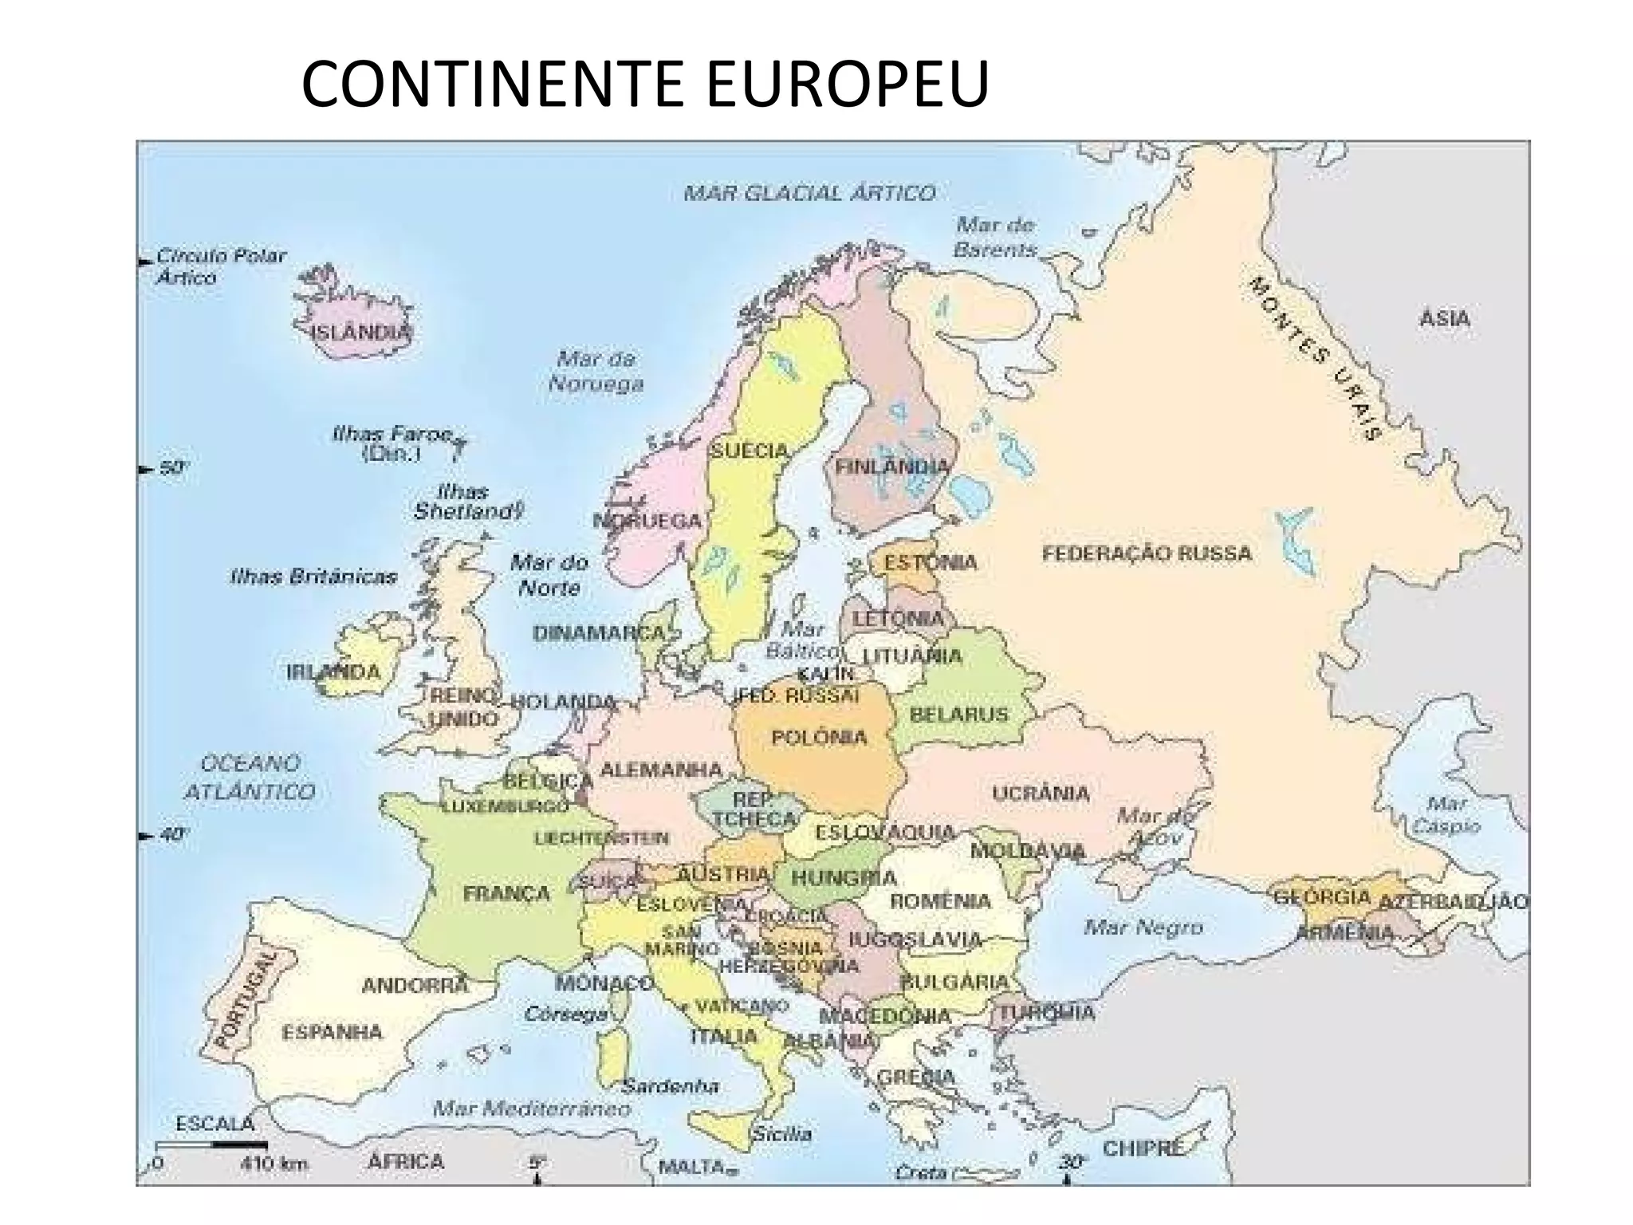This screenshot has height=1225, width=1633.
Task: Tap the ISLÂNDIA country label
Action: (x=362, y=332)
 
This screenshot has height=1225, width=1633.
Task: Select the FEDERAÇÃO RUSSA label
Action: (x=1147, y=553)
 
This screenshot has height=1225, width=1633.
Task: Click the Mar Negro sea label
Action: (x=1143, y=927)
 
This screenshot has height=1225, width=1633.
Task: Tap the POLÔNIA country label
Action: (x=819, y=736)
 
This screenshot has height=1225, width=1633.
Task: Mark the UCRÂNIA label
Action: (x=1041, y=793)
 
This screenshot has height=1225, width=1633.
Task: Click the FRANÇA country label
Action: (x=506, y=893)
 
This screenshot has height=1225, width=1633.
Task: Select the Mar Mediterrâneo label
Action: (x=532, y=1108)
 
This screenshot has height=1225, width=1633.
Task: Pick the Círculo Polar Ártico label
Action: (x=219, y=266)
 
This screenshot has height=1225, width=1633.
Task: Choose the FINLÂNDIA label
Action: (x=892, y=467)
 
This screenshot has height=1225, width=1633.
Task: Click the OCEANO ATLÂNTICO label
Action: (x=250, y=777)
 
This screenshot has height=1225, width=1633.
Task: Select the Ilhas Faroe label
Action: (x=392, y=443)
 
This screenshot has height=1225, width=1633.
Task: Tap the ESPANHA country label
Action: (x=332, y=1032)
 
